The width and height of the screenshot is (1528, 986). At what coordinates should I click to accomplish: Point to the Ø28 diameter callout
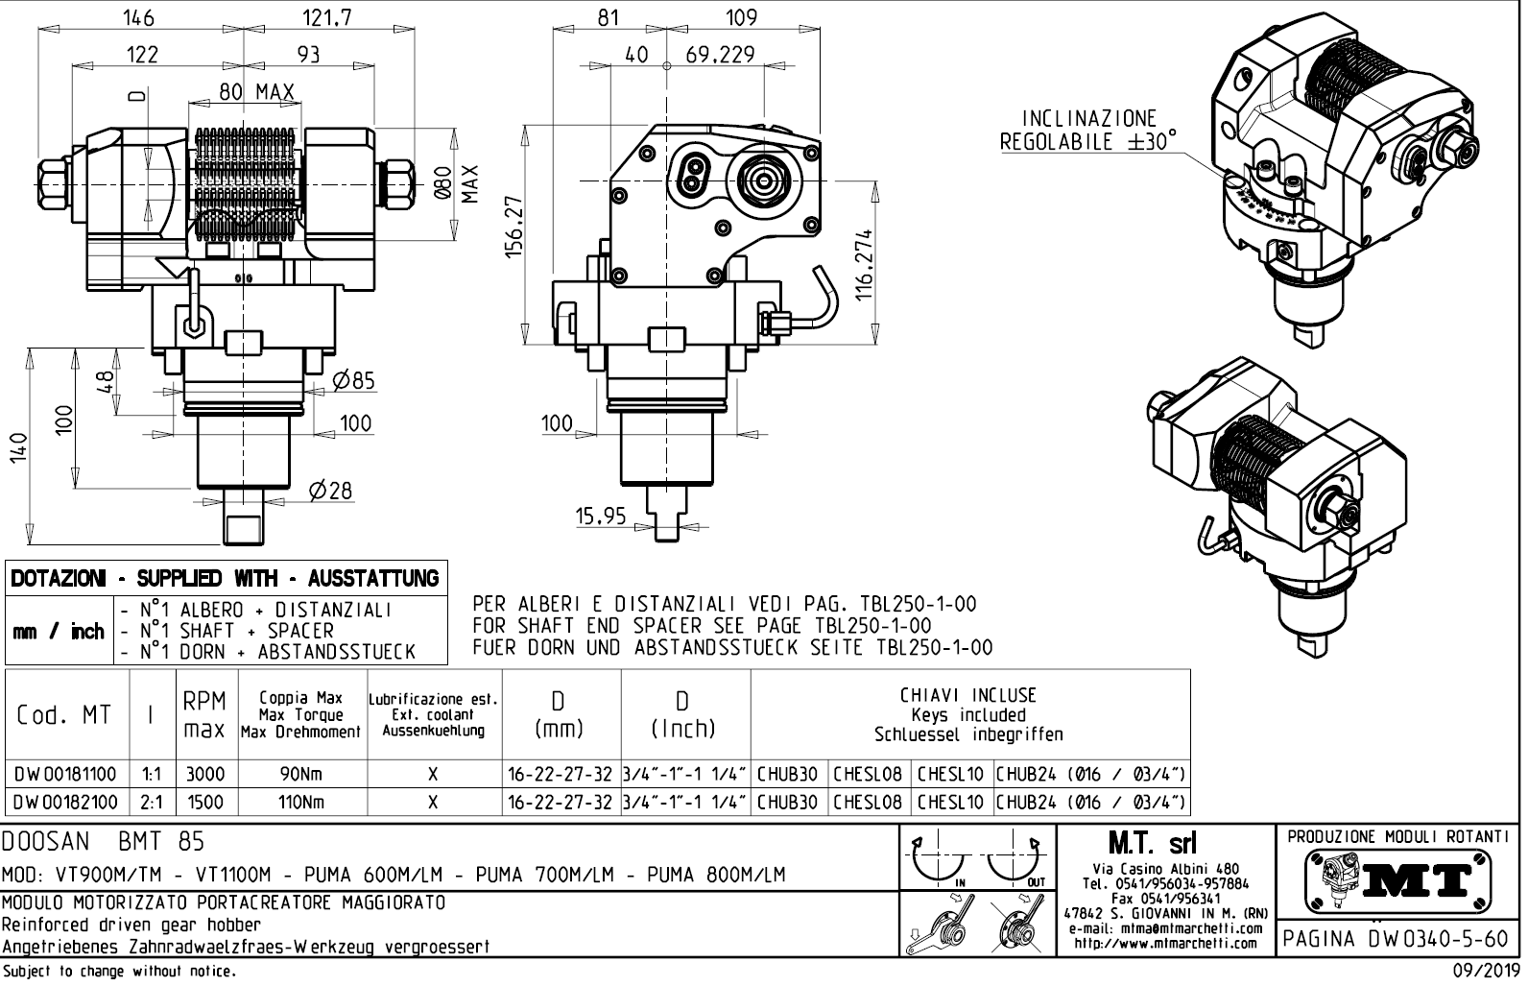(x=330, y=491)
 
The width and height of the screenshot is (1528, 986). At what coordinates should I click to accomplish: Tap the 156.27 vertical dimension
(x=513, y=227)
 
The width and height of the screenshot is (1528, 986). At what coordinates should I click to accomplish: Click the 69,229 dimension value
(x=720, y=55)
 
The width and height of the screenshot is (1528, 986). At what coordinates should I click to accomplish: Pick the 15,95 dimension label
(x=600, y=517)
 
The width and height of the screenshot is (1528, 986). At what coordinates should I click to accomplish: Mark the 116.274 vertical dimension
(x=864, y=265)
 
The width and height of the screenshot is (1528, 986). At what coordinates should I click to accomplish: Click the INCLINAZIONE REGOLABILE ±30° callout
(x=1088, y=131)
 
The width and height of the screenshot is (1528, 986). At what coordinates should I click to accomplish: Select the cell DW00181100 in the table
(x=66, y=775)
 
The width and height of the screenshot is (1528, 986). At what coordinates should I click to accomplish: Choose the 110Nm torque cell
(x=300, y=802)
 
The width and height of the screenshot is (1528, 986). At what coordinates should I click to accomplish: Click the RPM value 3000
(x=204, y=775)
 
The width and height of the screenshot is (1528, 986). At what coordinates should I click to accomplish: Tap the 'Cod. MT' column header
(x=63, y=715)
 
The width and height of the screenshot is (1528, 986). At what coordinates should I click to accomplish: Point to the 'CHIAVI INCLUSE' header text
(x=968, y=696)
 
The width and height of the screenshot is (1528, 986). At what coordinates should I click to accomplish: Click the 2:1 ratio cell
(x=151, y=802)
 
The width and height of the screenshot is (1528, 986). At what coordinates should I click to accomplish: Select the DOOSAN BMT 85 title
(x=104, y=842)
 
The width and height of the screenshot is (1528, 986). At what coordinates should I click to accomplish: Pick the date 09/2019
(x=1484, y=971)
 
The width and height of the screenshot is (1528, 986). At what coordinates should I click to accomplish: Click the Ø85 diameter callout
(x=353, y=381)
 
